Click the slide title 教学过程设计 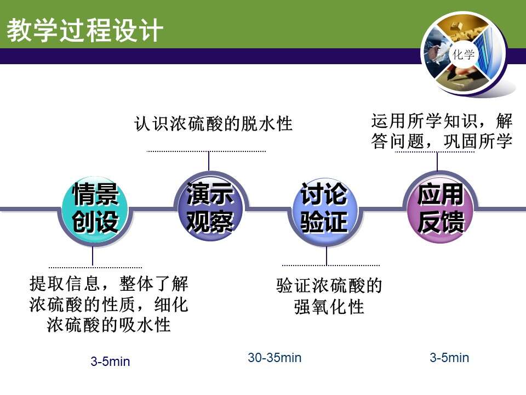[85, 30]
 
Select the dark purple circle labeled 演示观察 [210, 206]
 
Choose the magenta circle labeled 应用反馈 [440, 208]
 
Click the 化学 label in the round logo [464, 54]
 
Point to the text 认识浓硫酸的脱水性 [213, 123]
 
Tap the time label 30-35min [275, 358]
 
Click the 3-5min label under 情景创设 [110, 362]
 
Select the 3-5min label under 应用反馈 [449, 358]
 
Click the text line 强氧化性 [329, 306]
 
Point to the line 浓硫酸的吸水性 [108, 324]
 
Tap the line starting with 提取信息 [108, 284]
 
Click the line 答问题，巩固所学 [442, 141]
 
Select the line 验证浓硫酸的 [329, 285]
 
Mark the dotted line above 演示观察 [207, 151]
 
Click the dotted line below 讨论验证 [331, 266]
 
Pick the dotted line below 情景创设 [95, 267]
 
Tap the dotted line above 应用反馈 [434, 152]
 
